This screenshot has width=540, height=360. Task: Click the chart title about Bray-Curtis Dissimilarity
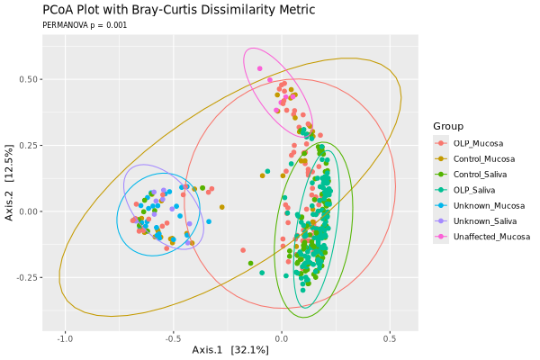[x=179, y=10]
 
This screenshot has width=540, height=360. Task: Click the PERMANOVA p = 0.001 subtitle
[x=85, y=25]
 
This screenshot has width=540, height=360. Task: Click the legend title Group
[x=448, y=125]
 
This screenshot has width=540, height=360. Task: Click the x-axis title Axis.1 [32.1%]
[x=230, y=349]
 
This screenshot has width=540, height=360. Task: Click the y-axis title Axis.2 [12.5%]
[x=8, y=183]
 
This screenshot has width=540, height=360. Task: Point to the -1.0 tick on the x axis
[x=65, y=338]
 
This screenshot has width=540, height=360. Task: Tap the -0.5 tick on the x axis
[x=173, y=338]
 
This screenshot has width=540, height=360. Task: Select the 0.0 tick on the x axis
[x=282, y=338]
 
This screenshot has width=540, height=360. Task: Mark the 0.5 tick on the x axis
[x=390, y=338]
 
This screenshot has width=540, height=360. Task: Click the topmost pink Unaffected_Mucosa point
[x=260, y=68]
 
